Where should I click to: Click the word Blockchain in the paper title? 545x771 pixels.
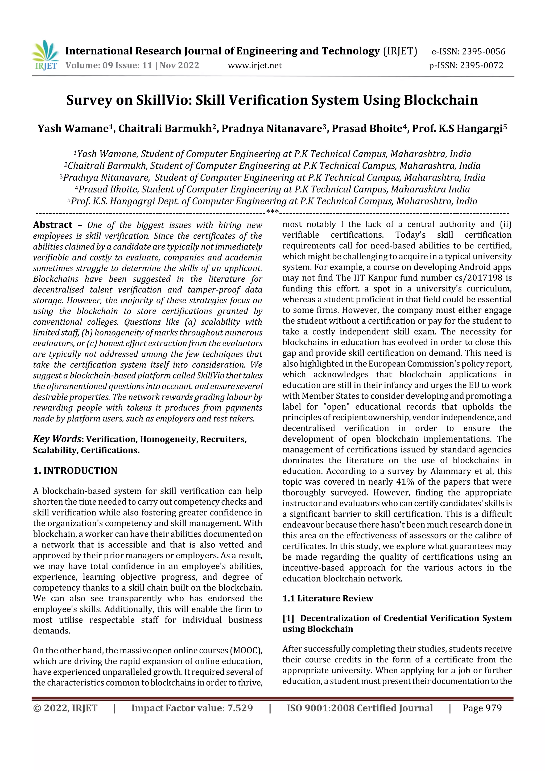tap(441, 100)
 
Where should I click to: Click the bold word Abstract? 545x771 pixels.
tap(53, 225)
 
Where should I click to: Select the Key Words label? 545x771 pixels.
tap(57, 439)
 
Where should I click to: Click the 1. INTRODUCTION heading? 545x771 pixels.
tap(75, 471)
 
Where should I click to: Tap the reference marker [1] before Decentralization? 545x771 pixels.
tap(288, 618)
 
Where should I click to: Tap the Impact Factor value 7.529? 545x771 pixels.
tap(240, 708)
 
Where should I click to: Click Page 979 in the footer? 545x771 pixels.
tap(482, 708)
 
